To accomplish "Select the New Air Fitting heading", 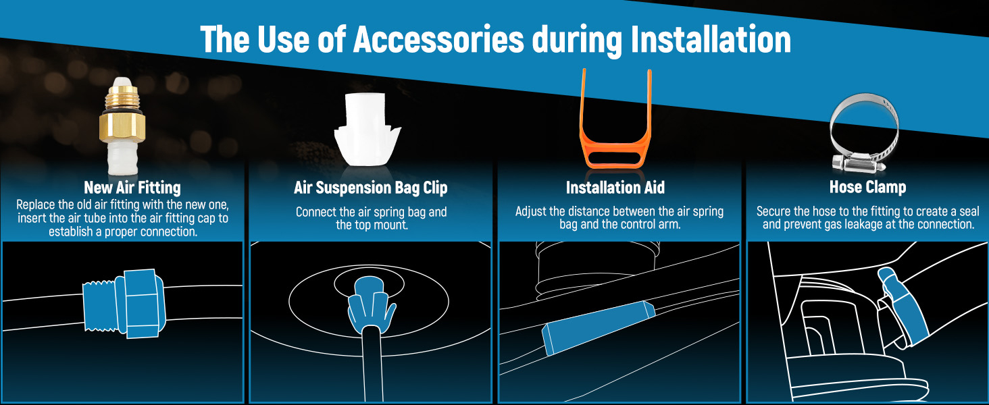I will tap(132, 187).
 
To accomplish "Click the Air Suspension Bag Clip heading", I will tap(371, 187).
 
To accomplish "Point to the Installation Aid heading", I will tap(615, 187).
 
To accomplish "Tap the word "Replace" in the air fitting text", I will tap(36, 205).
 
